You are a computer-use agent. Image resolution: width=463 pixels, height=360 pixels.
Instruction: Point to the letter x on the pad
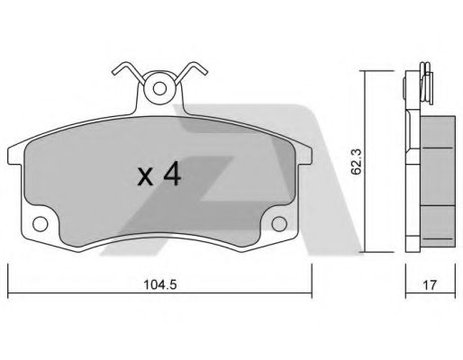pos(144,176)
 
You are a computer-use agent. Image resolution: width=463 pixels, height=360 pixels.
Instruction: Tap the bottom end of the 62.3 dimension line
pos(367,253)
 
